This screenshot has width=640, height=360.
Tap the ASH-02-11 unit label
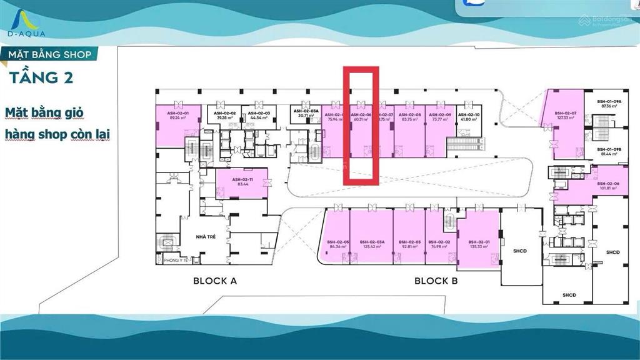pyautogui.click(x=241, y=179)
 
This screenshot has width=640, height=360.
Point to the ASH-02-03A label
pyautogui.click(x=306, y=111)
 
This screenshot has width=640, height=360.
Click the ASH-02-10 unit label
pyautogui.click(x=468, y=115)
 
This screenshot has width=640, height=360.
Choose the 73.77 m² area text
pyautogui.click(x=441, y=119)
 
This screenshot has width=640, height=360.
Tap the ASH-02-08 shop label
pyautogui.click(x=409, y=115)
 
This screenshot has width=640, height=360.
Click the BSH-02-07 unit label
pyautogui.click(x=565, y=113)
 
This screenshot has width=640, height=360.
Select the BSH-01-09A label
pyautogui.click(x=609, y=101)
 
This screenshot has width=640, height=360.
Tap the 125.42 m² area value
pyautogui.click(x=371, y=246)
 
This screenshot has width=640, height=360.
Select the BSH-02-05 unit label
pyautogui.click(x=337, y=241)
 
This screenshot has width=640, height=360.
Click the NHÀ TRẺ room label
pyautogui.click(x=206, y=237)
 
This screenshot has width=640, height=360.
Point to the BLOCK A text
pyautogui.click(x=214, y=281)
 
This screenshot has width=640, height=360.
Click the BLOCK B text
pyautogui.click(x=436, y=281)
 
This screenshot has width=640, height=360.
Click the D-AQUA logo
pyautogui.click(x=23, y=22)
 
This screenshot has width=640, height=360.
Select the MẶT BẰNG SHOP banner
pyautogui.click(x=49, y=55)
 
